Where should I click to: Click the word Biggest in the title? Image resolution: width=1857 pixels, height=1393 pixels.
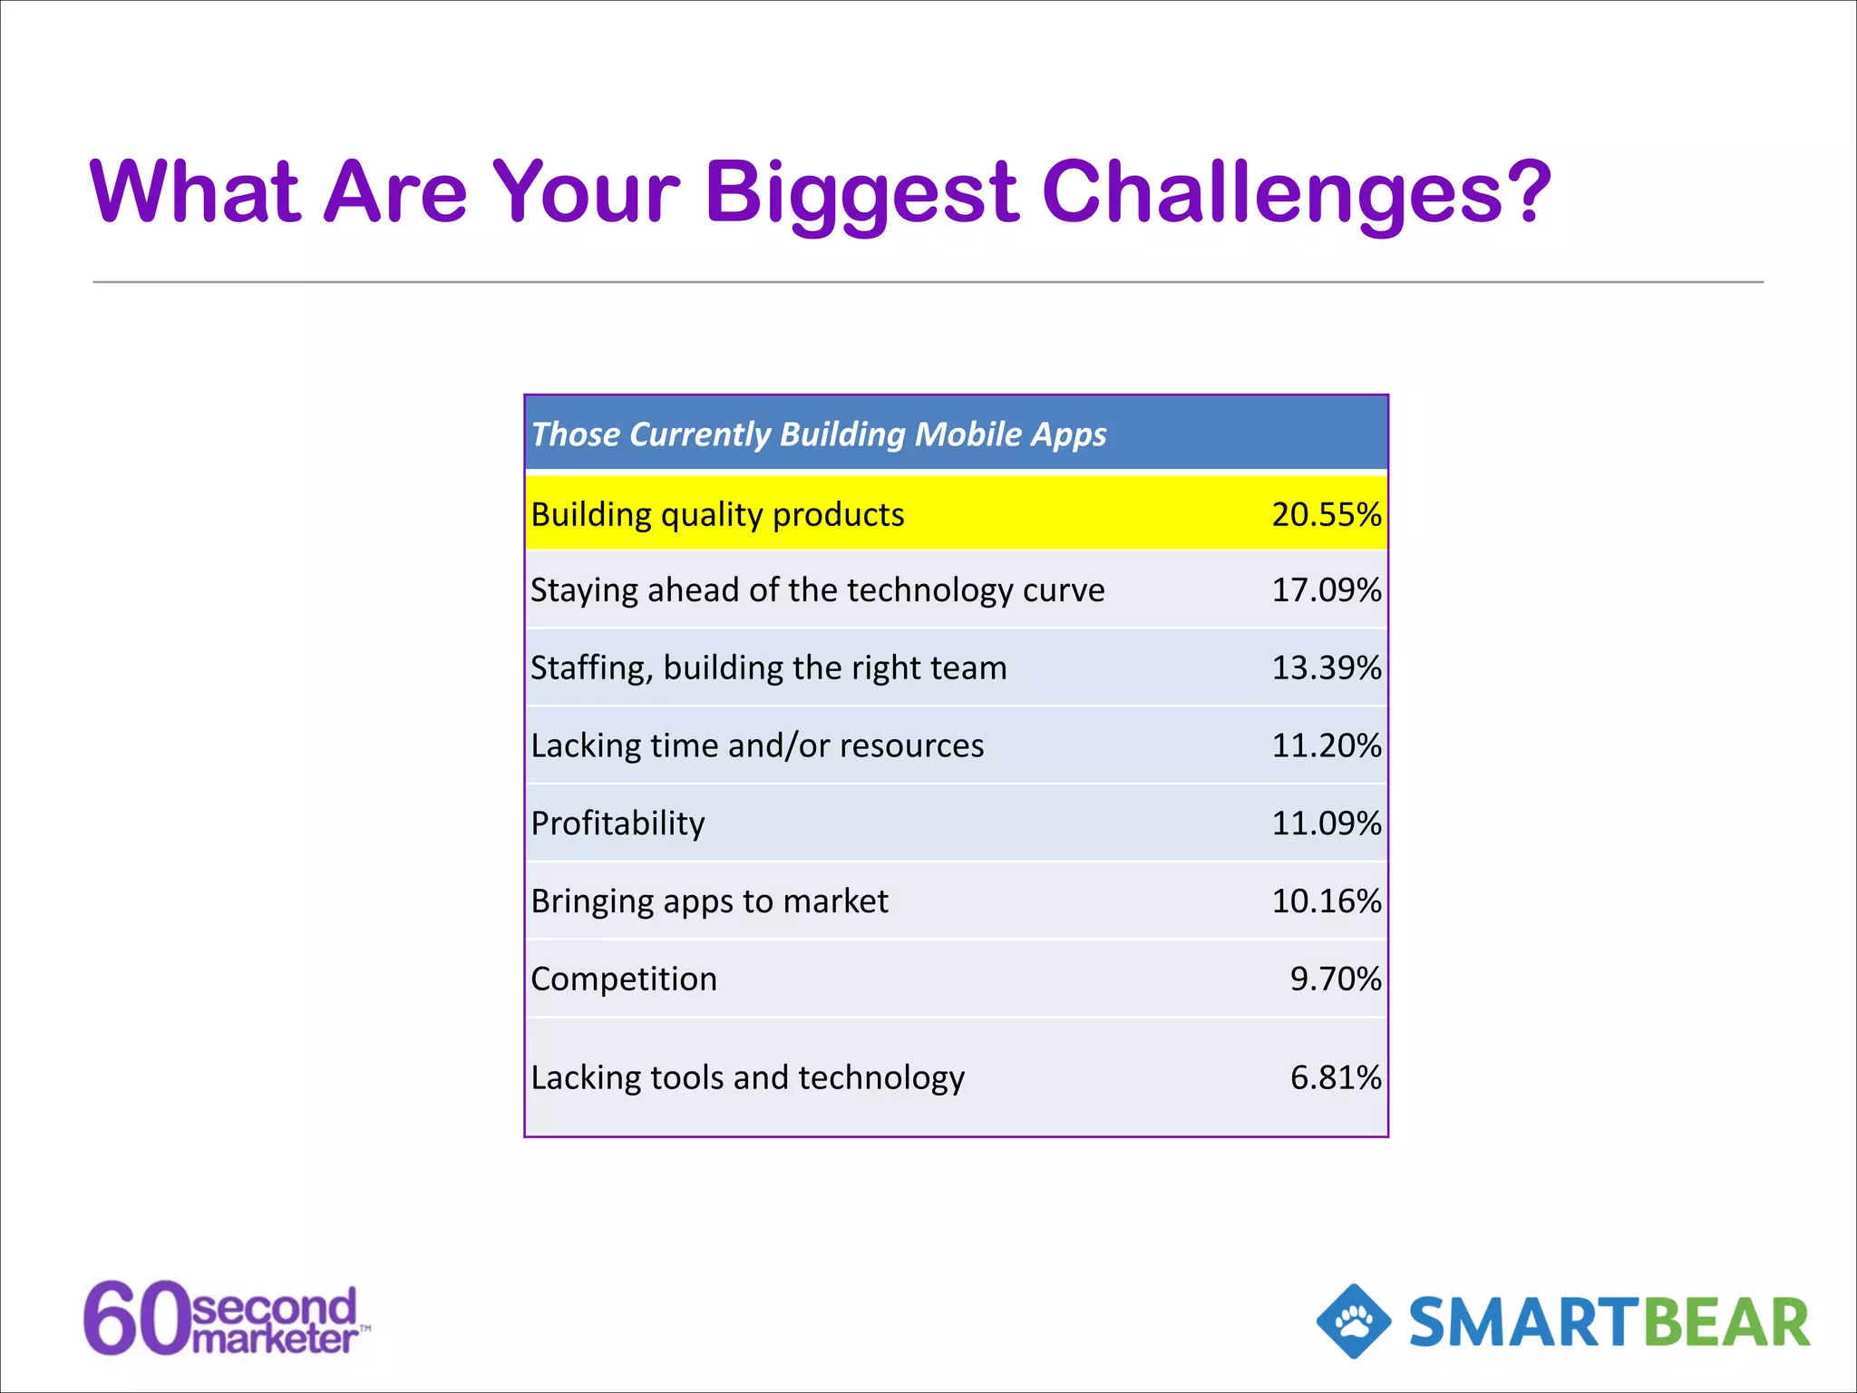pos(861,192)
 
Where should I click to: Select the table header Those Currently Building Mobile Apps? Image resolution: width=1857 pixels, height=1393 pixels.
pos(818,434)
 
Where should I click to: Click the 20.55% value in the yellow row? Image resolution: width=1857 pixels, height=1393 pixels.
pos(1326,514)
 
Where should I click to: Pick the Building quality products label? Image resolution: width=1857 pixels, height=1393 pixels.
pos(717,514)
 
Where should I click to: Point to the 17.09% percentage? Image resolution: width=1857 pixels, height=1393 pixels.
pos(1326,590)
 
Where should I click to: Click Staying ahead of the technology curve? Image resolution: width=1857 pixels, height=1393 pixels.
pos(817,590)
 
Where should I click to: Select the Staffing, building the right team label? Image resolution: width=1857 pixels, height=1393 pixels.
pos(768,668)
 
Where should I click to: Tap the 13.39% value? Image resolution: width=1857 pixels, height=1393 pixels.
pos(1326,668)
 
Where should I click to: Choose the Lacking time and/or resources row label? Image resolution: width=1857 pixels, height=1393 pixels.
pos(757,745)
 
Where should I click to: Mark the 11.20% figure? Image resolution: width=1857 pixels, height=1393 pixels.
pos(1326,745)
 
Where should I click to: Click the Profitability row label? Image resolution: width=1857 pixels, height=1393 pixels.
pos(617,823)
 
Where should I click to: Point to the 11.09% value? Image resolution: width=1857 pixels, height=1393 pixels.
pos(1326,823)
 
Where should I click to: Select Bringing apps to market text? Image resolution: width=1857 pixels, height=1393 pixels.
pos(709,901)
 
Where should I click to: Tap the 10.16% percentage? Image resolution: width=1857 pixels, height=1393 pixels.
pos(1326,901)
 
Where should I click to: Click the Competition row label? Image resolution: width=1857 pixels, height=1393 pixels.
pos(624,979)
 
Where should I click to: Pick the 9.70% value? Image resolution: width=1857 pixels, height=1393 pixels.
pos(1335,979)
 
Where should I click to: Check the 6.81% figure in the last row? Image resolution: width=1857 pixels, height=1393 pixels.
pos(1335,1077)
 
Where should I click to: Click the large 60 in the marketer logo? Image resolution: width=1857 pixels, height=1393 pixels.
pos(136,1319)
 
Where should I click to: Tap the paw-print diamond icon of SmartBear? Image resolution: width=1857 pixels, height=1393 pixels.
pos(1354,1321)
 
